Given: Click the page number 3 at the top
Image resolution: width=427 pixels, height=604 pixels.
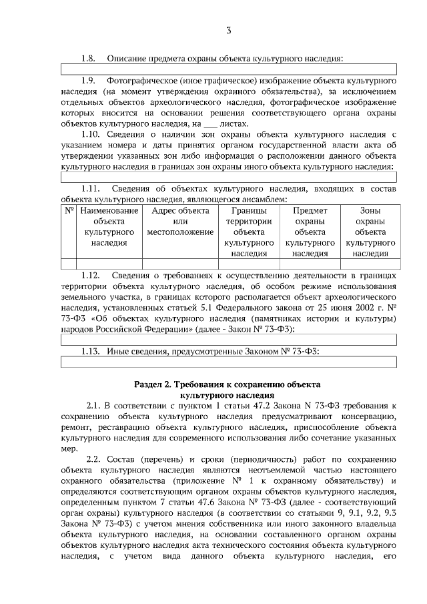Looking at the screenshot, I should [x=229, y=31].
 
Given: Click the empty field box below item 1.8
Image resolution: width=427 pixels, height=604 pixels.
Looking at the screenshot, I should [x=229, y=69].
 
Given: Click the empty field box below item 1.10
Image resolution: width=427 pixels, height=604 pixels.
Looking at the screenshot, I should [x=229, y=177].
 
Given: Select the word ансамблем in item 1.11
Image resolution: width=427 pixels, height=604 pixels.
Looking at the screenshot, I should [x=266, y=199].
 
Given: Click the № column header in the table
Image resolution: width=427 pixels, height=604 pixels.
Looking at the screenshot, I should [x=69, y=210].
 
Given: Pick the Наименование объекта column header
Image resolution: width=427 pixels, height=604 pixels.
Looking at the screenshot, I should [x=109, y=226].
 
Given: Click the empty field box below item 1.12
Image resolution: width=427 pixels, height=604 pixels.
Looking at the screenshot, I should [x=229, y=340].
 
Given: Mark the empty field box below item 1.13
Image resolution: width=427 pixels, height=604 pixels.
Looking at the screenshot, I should [x=229, y=362].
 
